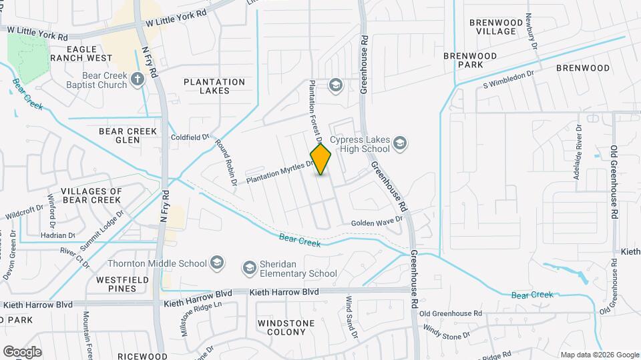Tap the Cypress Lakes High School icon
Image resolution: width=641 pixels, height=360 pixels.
399,143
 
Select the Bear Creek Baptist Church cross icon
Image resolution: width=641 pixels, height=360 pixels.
138,80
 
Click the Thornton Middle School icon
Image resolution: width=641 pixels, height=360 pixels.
216,263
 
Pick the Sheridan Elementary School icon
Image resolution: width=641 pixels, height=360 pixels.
249,268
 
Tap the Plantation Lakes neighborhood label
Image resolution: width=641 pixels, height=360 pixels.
214,86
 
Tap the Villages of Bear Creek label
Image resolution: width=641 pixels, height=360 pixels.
91,195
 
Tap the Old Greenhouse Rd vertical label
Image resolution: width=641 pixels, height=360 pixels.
613,175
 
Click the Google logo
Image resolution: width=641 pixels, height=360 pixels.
22,351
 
